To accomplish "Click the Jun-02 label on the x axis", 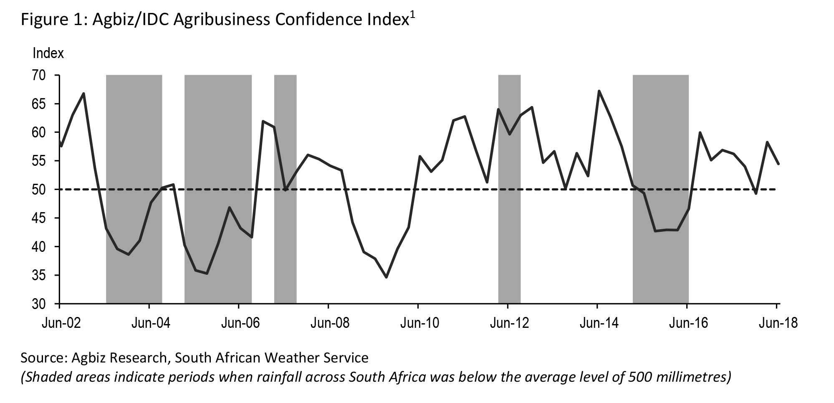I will (61, 323).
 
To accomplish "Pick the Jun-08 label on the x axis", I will (330, 323).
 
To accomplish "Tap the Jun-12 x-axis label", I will (509, 323).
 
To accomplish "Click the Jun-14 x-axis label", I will (599, 323).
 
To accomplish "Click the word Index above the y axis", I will (48, 53).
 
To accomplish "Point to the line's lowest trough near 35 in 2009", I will (386, 277).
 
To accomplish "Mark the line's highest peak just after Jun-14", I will (599, 91).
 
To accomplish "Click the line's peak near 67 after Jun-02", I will (84, 93).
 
